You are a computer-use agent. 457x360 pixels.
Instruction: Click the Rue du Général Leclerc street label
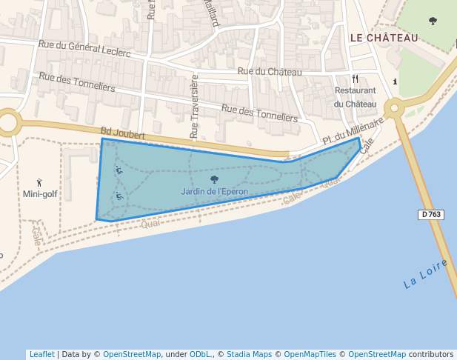pyautogui.click(x=84, y=50)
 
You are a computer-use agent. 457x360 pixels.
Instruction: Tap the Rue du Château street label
pyautogui.click(x=270, y=72)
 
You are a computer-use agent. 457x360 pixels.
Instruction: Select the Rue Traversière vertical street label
pyautogui.click(x=195, y=106)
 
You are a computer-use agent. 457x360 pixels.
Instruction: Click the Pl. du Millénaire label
pyautogui.click(x=353, y=130)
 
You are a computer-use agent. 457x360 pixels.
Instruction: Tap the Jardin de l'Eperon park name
pyautogui.click(x=214, y=191)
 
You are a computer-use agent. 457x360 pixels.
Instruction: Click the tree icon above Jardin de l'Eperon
pyautogui.click(x=214, y=179)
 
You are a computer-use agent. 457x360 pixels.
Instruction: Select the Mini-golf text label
pyautogui.click(x=40, y=194)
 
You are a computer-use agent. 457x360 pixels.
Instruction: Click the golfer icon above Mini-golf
pyautogui.click(x=40, y=182)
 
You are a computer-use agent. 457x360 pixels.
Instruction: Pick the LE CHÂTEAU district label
pyautogui.click(x=384, y=38)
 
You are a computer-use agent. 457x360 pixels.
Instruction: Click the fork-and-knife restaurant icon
pyautogui.click(x=356, y=79)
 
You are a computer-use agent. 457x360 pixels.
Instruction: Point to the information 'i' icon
pyautogui.click(x=395, y=81)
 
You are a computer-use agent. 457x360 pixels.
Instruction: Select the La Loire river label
pyautogui.click(x=425, y=274)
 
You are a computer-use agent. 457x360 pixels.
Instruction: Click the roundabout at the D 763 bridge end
pyautogui.click(x=393, y=109)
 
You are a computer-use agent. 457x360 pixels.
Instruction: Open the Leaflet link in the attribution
pyautogui.click(x=41, y=354)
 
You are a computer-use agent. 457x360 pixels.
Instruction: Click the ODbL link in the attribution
pyautogui.click(x=200, y=354)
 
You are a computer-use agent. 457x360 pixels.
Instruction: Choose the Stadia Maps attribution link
pyautogui.click(x=249, y=354)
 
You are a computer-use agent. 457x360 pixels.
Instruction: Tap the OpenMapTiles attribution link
pyautogui.click(x=310, y=354)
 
